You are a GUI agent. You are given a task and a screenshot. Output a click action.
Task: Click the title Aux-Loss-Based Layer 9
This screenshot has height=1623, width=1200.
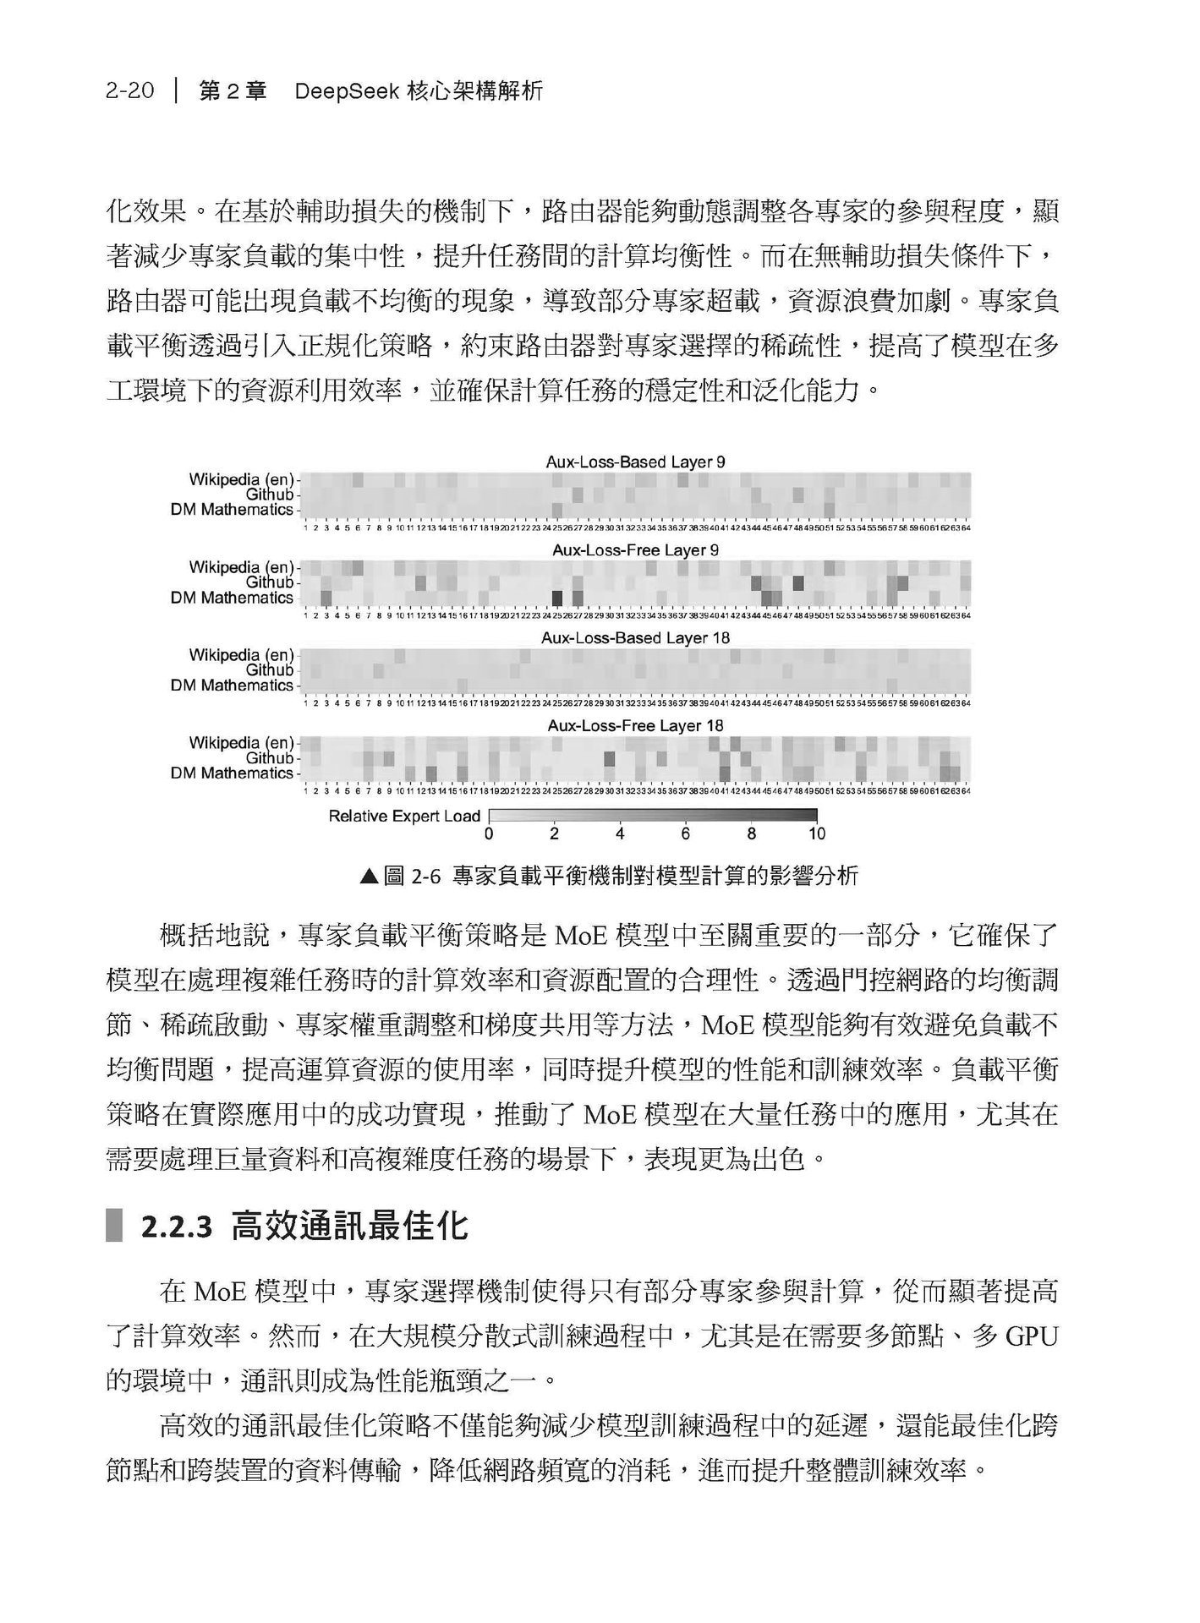pyautogui.click(x=635, y=462)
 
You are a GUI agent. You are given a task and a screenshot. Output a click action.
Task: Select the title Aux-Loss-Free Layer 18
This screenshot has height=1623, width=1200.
pyautogui.click(x=635, y=726)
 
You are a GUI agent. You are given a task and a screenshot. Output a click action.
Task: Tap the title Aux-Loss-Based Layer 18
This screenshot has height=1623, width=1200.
pyautogui.click(x=635, y=638)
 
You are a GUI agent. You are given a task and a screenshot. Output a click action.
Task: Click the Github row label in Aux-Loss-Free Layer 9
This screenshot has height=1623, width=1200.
pyautogui.click(x=270, y=582)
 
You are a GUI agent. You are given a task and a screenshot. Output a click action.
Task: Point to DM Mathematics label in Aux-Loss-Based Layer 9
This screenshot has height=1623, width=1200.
pyautogui.click(x=232, y=510)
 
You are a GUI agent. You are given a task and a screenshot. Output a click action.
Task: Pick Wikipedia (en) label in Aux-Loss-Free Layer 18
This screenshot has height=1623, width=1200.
pyautogui.click(x=241, y=743)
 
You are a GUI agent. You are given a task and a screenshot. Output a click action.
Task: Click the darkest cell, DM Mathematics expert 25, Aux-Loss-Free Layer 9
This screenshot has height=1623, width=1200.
pyautogui.click(x=557, y=598)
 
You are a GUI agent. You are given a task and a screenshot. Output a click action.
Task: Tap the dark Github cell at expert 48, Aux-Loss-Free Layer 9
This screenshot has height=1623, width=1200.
pyautogui.click(x=797, y=582)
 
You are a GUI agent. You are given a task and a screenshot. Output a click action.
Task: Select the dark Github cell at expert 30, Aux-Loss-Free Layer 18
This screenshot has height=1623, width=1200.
pyautogui.click(x=610, y=758)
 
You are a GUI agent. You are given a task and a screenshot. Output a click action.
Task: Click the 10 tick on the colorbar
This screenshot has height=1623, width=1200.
pyautogui.click(x=816, y=833)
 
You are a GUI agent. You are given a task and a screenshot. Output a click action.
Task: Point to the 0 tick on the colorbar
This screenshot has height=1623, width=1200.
pyautogui.click(x=489, y=833)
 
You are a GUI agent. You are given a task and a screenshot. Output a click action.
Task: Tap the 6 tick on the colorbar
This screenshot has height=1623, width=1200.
pyautogui.click(x=685, y=833)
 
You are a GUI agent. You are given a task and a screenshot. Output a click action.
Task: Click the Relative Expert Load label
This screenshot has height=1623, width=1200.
pyautogui.click(x=404, y=817)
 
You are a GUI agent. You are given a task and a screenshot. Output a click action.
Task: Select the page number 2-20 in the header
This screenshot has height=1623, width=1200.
pyautogui.click(x=130, y=91)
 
